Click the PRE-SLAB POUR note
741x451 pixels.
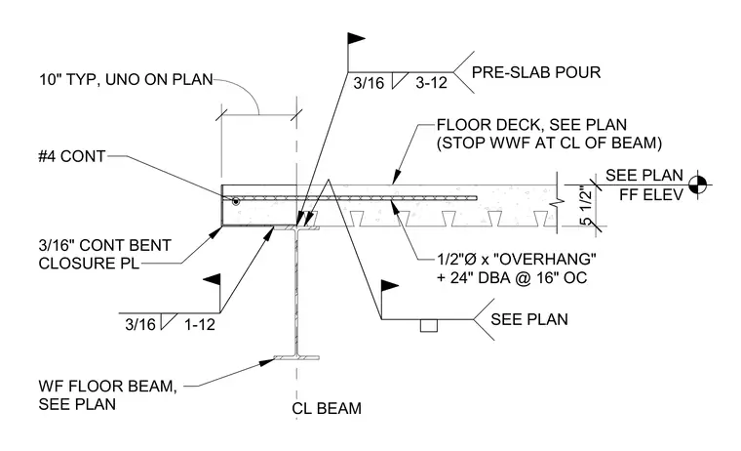[536, 72]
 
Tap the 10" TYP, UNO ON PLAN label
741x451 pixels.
[126, 79]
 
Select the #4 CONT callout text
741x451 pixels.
[72, 156]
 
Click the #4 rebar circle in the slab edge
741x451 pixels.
[235, 202]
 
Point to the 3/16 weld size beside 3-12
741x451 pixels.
[369, 83]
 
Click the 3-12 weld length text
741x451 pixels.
[432, 83]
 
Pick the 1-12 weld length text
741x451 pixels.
[200, 325]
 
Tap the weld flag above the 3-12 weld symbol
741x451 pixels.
[355, 39]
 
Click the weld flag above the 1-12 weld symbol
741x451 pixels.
[213, 280]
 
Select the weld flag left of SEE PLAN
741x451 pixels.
[389, 286]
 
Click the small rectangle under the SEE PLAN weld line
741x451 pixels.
[429, 326]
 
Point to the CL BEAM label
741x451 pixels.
[327, 408]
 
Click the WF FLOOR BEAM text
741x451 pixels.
[108, 387]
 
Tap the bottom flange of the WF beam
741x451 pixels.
[296, 357]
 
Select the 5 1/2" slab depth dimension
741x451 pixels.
[585, 205]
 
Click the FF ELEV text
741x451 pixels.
[651, 194]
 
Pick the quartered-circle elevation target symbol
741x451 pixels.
[698, 184]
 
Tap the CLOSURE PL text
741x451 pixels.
[89, 264]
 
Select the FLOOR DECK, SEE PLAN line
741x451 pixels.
[531, 125]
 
